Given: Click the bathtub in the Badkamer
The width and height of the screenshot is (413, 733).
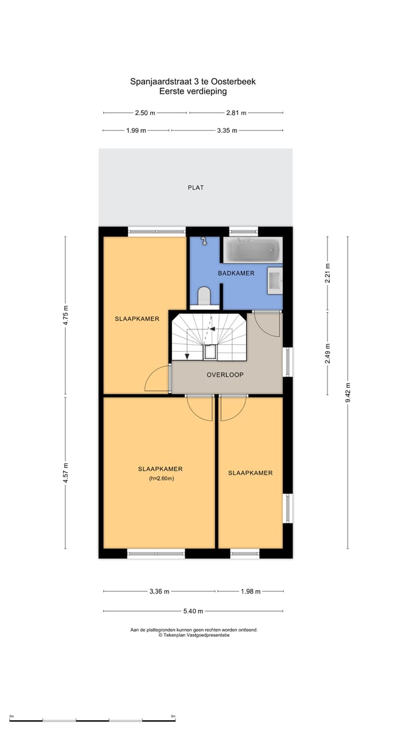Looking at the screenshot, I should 252,250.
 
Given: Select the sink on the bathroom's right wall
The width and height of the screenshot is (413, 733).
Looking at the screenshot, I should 275,281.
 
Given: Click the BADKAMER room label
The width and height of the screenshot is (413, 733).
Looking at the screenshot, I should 236,273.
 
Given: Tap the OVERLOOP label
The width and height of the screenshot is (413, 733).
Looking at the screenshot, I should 225,375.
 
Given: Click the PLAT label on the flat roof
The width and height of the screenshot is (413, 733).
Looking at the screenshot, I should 196,187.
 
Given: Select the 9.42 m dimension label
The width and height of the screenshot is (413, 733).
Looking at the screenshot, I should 348,392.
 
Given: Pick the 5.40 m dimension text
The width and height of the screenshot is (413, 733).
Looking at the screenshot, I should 193,611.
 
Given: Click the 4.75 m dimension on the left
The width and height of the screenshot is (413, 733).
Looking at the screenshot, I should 66,315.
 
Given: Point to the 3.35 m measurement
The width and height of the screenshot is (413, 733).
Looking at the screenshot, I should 227,131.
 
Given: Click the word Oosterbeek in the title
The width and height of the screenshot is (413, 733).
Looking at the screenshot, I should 233,81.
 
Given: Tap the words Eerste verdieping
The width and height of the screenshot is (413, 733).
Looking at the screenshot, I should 193,91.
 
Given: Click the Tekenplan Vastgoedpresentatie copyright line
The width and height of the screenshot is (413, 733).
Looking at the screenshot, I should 194,635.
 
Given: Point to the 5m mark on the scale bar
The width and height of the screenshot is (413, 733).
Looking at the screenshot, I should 173,716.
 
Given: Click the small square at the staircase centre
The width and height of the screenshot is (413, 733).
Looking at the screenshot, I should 211,352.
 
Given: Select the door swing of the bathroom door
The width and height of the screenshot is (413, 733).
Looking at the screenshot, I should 267,324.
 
